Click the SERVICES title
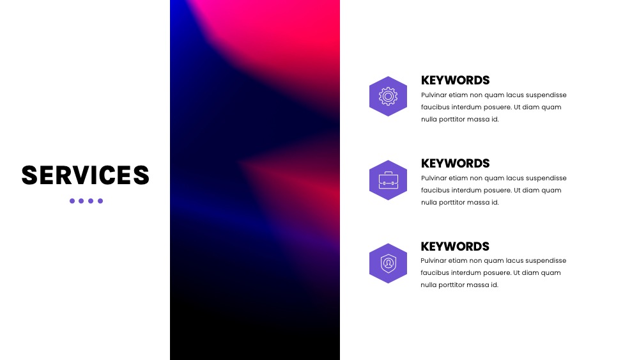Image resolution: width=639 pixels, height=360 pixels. pyautogui.click(x=85, y=175)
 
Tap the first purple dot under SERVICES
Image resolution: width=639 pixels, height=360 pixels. pyautogui.click(x=72, y=201)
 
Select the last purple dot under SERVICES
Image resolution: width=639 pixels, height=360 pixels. pyautogui.click(x=100, y=201)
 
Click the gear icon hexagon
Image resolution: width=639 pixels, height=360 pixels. pyautogui.click(x=388, y=96)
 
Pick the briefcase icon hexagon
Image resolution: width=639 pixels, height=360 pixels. pyautogui.click(x=388, y=180)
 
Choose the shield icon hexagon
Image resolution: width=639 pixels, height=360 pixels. pyautogui.click(x=388, y=263)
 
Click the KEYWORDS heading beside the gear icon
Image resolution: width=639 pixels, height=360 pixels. pyautogui.click(x=455, y=81)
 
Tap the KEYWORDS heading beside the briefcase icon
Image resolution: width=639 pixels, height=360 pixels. pyautogui.click(x=455, y=164)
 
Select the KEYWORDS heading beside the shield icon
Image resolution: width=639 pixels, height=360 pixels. pyautogui.click(x=455, y=247)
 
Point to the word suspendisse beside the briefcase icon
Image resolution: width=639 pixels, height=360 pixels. pyautogui.click(x=546, y=178)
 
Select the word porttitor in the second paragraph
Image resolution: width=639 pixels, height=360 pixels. pyautogui.click(x=449, y=203)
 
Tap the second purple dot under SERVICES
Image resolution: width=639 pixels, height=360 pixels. pyautogui.click(x=81, y=201)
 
